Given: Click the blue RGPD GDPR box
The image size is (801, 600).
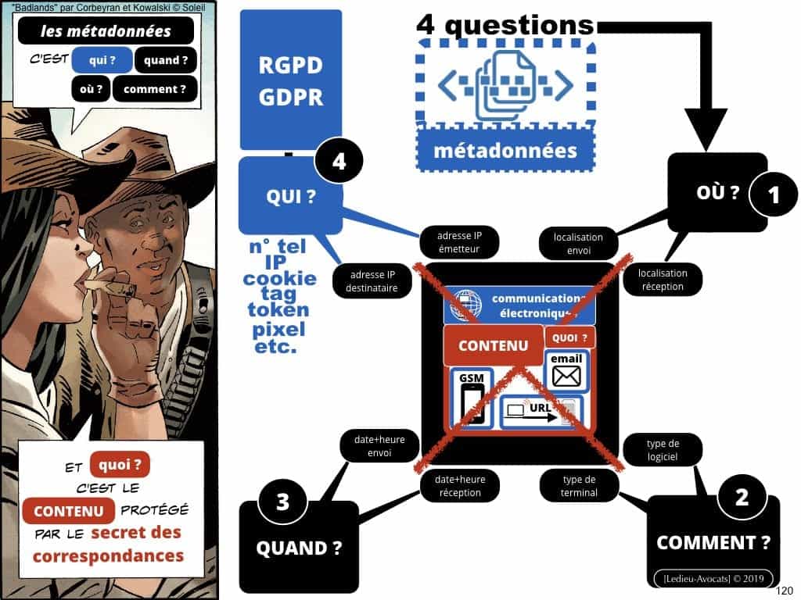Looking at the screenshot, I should tap(290, 80).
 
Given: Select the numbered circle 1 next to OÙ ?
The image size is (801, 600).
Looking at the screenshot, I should tap(774, 195).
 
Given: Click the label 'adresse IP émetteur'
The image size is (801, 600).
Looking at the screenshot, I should tap(458, 241).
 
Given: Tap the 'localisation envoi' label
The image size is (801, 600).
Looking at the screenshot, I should tap(577, 244).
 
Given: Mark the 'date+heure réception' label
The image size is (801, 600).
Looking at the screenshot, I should tap(460, 486).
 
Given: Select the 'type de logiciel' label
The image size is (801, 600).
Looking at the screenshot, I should tap(662, 451).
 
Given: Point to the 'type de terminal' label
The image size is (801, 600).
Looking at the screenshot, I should tap(579, 486).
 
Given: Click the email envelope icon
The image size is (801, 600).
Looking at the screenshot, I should tap(566, 377).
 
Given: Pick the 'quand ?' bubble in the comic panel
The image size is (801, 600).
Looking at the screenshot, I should tap(166, 60).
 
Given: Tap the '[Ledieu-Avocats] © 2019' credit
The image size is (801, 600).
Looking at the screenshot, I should tap(713, 577).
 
